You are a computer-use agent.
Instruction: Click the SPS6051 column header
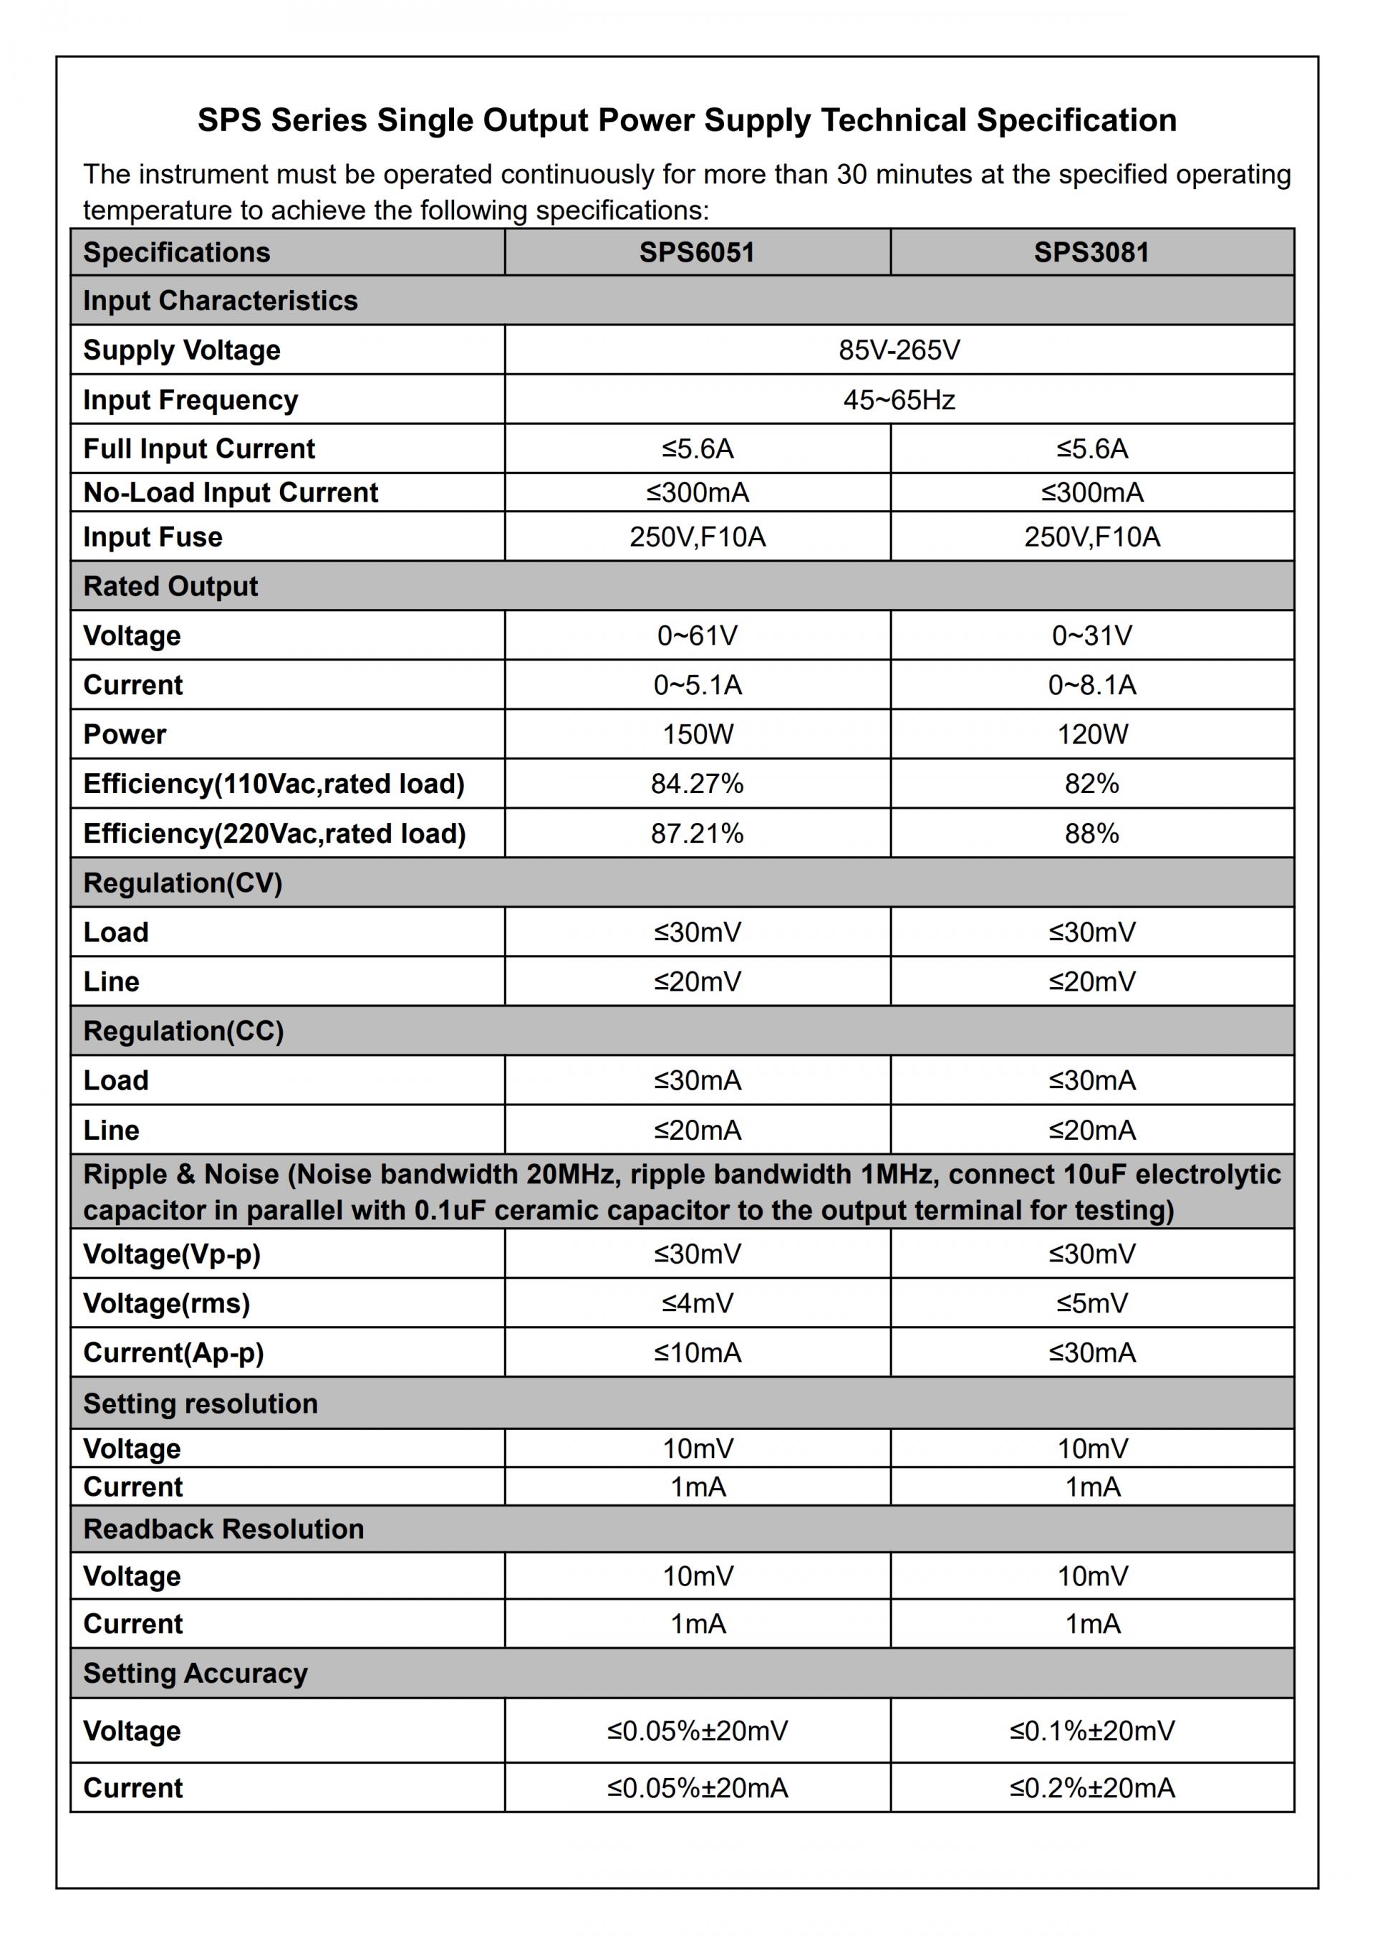pyautogui.click(x=697, y=252)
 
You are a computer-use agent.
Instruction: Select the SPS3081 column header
pyautogui.click(x=1091, y=252)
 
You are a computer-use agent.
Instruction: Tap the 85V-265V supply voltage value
pyautogui.click(x=899, y=350)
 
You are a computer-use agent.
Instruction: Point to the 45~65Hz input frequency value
pyautogui.click(x=899, y=400)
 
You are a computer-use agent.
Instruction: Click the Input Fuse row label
pyautogui.click(x=153, y=537)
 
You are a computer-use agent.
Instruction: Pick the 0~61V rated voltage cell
pyautogui.click(x=697, y=635)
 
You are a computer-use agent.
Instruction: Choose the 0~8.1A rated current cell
pyautogui.click(x=1091, y=684)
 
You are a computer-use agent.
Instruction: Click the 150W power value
pyautogui.click(x=697, y=734)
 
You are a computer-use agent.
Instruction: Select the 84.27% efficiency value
pyautogui.click(x=697, y=784)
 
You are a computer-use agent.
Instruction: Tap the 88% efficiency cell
pyautogui.click(x=1091, y=834)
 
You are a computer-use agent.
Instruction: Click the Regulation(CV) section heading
pyautogui.click(x=183, y=883)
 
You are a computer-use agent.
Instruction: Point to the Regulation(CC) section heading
pyautogui.click(x=183, y=1031)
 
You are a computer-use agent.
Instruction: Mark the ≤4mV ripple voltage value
pyautogui.click(x=697, y=1303)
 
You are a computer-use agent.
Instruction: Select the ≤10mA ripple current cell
pyautogui.click(x=697, y=1352)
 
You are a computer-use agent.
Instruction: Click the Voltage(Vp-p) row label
pyautogui.click(x=172, y=1254)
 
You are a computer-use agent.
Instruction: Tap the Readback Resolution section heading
pyautogui.click(x=223, y=1528)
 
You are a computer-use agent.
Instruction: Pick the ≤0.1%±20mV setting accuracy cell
pyautogui.click(x=1091, y=1731)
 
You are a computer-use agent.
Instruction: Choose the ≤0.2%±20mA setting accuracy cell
pyautogui.click(x=1091, y=1787)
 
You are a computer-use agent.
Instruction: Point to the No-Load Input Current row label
pyautogui.click(x=231, y=492)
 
